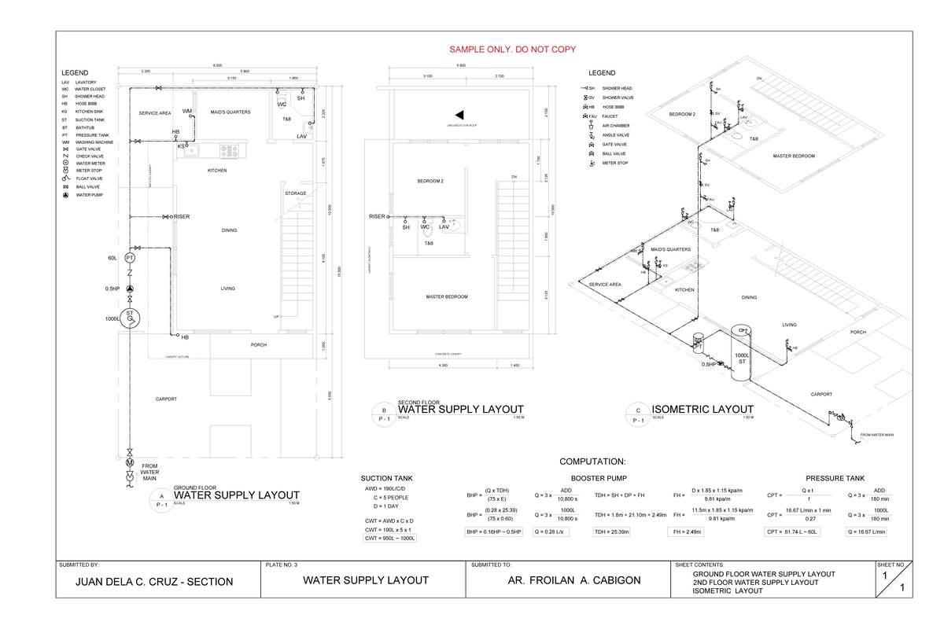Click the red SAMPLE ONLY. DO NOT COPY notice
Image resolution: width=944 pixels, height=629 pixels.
[512, 50]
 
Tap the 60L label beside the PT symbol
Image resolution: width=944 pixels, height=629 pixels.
[112, 258]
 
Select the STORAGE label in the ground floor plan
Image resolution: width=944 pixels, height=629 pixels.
[296, 193]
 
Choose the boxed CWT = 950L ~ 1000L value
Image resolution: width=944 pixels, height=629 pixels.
[389, 539]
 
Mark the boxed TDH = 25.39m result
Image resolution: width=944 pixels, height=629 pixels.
[619, 532]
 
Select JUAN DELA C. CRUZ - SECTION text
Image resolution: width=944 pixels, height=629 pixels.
[153, 582]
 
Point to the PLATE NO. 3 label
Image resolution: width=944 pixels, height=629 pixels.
[282, 565]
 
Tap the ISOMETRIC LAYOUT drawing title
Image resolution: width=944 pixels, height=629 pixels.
[702, 409]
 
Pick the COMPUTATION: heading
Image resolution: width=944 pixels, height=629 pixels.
[592, 462]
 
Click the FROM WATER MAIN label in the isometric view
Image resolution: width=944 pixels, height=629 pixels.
[877, 435]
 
